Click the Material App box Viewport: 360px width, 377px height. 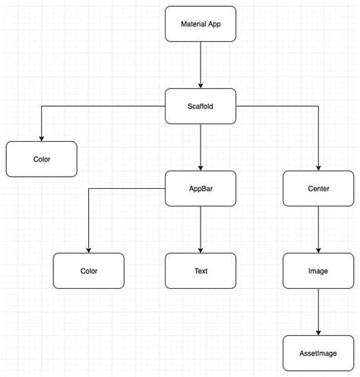click(x=201, y=24)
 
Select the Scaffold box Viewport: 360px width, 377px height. click(x=201, y=106)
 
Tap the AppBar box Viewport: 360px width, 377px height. click(x=201, y=189)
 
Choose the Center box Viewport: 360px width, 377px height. click(x=318, y=189)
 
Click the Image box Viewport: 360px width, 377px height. click(x=318, y=271)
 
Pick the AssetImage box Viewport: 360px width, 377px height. click(x=318, y=353)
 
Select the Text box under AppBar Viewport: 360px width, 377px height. click(x=201, y=271)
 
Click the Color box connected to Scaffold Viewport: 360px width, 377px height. click(x=42, y=159)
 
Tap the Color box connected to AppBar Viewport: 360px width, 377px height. click(x=89, y=271)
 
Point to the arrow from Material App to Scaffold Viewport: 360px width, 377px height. click(x=201, y=64)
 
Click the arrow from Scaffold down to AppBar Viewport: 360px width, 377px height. click(x=201, y=147)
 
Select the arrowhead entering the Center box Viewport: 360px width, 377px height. click(x=318, y=168)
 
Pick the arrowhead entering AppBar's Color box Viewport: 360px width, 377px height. click(x=89, y=250)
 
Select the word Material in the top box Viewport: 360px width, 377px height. click(x=193, y=24)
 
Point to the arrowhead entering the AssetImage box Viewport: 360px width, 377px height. click(x=318, y=331)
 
